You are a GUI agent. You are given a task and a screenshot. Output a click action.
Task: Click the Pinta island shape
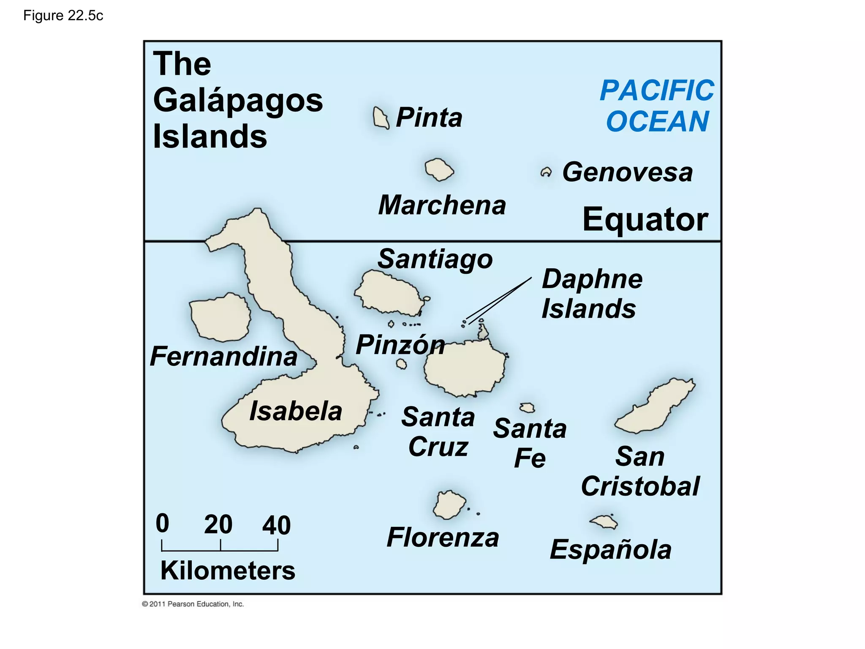pos(381,118)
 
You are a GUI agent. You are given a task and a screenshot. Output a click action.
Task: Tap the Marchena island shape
pos(439,170)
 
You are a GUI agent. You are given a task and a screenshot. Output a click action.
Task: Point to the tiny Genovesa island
pos(546,172)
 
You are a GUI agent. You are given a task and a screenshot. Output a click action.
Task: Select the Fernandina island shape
pos(220,317)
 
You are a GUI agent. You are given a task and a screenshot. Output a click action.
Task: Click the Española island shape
pos(604,522)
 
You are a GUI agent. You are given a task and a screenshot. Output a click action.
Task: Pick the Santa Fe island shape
pos(527,408)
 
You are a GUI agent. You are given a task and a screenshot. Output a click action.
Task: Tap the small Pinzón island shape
pos(401,364)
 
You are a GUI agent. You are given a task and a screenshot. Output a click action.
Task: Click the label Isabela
pos(296,411)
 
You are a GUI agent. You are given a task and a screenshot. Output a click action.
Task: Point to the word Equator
pos(645,220)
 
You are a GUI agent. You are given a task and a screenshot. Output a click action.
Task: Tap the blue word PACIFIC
pos(657,90)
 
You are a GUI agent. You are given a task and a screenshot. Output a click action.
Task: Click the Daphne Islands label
pos(591,294)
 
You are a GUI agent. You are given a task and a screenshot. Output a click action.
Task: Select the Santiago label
pos(435,259)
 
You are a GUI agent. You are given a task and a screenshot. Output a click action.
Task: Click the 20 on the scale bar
pos(218,524)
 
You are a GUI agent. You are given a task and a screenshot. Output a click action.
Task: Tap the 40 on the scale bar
pos(276,525)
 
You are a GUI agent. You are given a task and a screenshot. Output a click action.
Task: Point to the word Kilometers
pos(228,570)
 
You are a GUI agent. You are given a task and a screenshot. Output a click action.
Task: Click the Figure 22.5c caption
pos(63,16)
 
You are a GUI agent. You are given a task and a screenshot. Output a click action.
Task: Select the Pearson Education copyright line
pos(193,604)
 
